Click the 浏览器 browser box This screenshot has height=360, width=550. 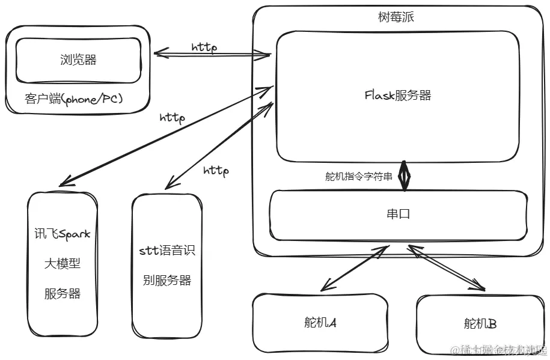click(x=78, y=60)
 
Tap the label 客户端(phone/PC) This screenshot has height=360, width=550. click(x=74, y=99)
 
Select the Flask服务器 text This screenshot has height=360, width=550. click(x=397, y=95)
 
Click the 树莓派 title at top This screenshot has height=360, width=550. click(x=396, y=17)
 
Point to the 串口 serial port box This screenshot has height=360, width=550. click(x=398, y=214)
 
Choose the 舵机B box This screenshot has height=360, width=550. click(x=480, y=324)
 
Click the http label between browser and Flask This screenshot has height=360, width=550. click(x=204, y=47)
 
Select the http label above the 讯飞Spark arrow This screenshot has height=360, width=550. click(x=172, y=117)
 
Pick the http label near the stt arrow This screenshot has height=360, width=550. click(x=216, y=171)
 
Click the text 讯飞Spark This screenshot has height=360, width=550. click(x=62, y=234)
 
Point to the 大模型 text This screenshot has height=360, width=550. click(x=62, y=263)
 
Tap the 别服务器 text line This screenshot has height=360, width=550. click(x=166, y=280)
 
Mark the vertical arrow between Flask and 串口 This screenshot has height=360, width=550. click(x=405, y=176)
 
